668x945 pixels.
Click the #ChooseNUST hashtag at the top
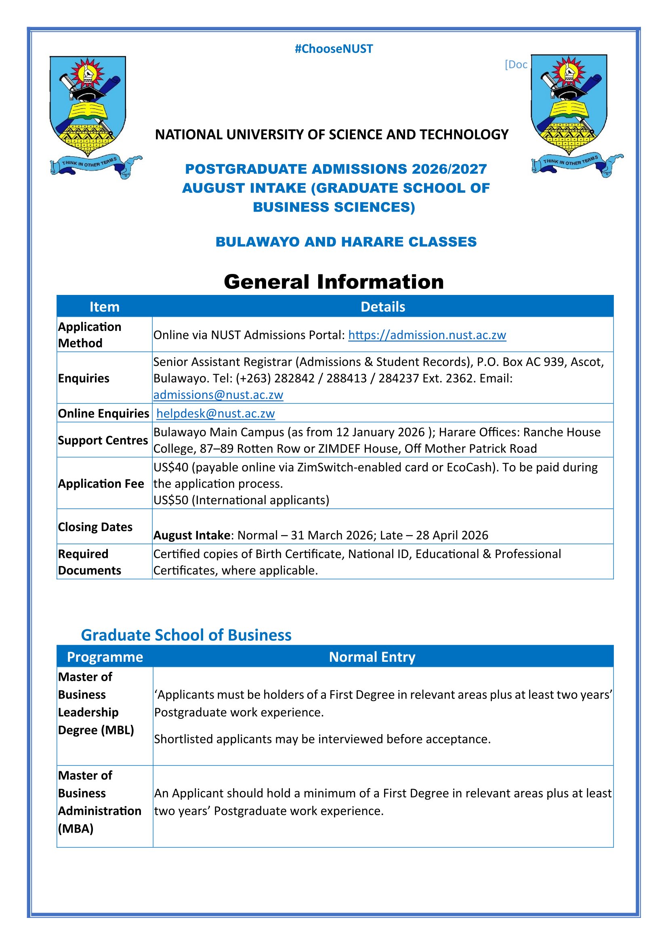pos(334,49)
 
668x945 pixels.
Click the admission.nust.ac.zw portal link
pos(427,335)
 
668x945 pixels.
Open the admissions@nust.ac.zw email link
pos(218,395)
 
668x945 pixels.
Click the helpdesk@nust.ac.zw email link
pos(216,413)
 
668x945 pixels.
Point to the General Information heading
pos(334,282)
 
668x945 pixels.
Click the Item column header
pos(105,307)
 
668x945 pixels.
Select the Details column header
pos(382,307)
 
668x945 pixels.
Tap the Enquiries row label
pos(84,378)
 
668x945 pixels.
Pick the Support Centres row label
pos(103,440)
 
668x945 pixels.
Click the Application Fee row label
pos(101,484)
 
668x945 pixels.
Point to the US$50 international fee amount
pos(171,500)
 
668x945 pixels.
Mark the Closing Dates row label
pos(95,527)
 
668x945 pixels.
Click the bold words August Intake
pos(191,535)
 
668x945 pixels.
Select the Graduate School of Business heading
pos(186,635)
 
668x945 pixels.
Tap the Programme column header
pos(105,657)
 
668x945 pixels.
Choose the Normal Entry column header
pos(372,657)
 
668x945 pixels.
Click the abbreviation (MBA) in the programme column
pos(76,829)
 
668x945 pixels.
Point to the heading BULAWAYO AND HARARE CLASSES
pos(346,242)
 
